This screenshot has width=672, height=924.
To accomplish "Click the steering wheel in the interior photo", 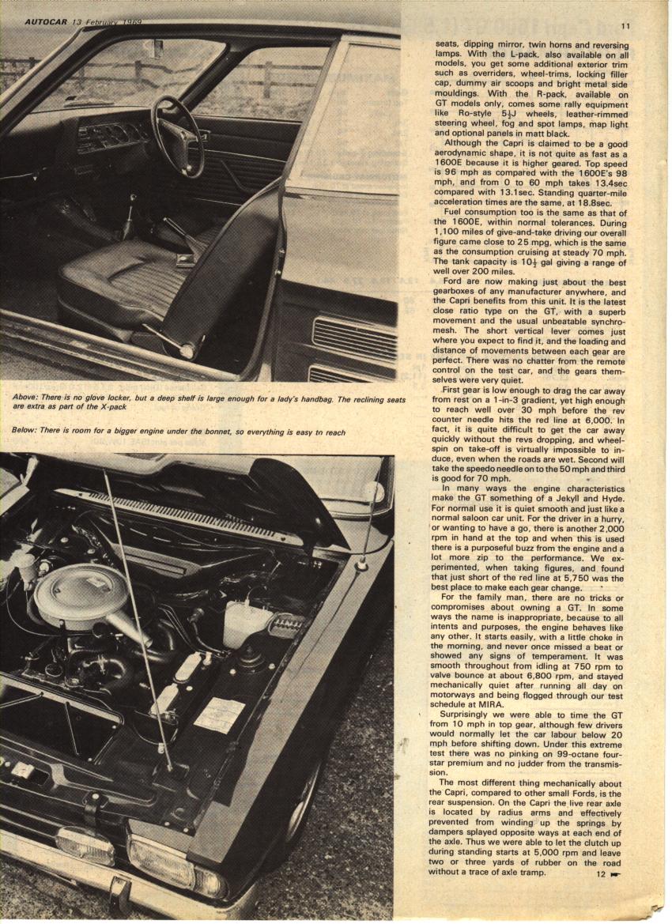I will [177, 135].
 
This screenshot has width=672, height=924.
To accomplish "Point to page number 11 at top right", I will [625, 26].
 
